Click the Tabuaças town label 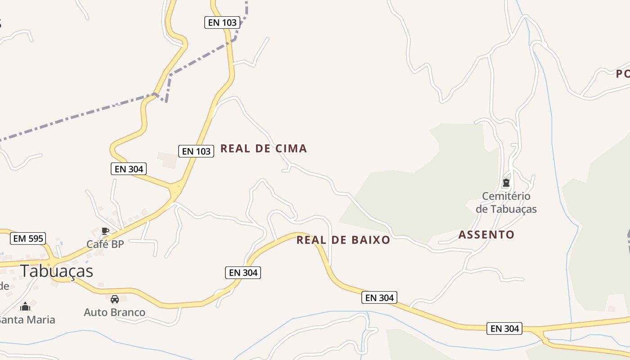pos(56,271)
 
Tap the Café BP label pos(105,244)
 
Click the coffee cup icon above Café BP pos(105,231)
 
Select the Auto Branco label pos(115,312)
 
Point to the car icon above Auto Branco pos(115,299)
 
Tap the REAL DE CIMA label pos(264,148)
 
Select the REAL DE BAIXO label pos(343,240)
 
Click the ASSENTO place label pos(486,234)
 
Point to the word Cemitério pos(506,196)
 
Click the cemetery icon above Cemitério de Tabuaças pos(506,183)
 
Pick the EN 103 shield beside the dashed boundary pos(222,22)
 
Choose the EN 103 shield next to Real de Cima pos(196,151)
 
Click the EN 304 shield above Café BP pos(129,169)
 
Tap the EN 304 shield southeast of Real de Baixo pos(379,297)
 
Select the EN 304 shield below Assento pos(505,328)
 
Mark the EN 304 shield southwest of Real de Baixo pos(243,272)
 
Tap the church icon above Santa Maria pos(25,306)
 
